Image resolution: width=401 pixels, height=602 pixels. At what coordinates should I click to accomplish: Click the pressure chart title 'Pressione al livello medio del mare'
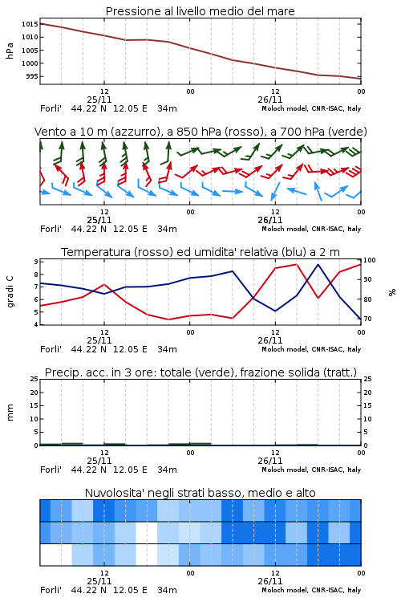coord(200,11)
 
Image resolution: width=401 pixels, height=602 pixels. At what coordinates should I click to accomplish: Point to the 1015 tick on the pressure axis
coord(30,24)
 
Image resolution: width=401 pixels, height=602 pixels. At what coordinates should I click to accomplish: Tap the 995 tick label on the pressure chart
coord(32,76)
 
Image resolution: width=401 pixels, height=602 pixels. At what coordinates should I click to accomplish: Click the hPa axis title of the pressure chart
coord(10,51)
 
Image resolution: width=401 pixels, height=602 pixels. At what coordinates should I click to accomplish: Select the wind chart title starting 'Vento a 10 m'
coord(200,132)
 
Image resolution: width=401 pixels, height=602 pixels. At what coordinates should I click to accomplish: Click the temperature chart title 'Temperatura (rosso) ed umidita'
coord(200,252)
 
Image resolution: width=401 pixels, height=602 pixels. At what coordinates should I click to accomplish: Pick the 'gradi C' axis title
coord(10,291)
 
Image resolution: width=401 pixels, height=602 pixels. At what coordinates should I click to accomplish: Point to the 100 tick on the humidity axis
coord(370,260)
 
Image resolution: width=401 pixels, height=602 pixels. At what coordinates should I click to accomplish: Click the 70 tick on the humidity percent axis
coord(367,319)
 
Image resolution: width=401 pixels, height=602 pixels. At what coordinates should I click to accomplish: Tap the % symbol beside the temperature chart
coord(392,292)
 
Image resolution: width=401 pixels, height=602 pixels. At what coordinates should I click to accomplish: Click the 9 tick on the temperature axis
coord(36,262)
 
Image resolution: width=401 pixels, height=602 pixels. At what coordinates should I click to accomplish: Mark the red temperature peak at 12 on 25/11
coord(104,284)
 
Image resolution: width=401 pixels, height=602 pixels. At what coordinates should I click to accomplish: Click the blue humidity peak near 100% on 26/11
coord(318,265)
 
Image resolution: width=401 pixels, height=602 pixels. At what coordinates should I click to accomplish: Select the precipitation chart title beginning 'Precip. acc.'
coord(200,372)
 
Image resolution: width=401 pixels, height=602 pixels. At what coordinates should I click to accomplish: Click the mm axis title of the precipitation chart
coord(10,413)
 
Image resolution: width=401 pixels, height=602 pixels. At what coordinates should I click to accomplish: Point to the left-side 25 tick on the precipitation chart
coord(34,379)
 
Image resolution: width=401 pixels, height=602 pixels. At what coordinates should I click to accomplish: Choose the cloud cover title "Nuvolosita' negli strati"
coord(200,493)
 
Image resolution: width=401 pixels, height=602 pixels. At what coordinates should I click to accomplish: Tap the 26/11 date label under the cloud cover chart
coord(270,581)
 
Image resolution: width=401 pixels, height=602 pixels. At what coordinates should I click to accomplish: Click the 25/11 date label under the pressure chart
coord(99,100)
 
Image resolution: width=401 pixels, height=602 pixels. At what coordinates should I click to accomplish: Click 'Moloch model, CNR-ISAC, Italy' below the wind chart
coord(311,229)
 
